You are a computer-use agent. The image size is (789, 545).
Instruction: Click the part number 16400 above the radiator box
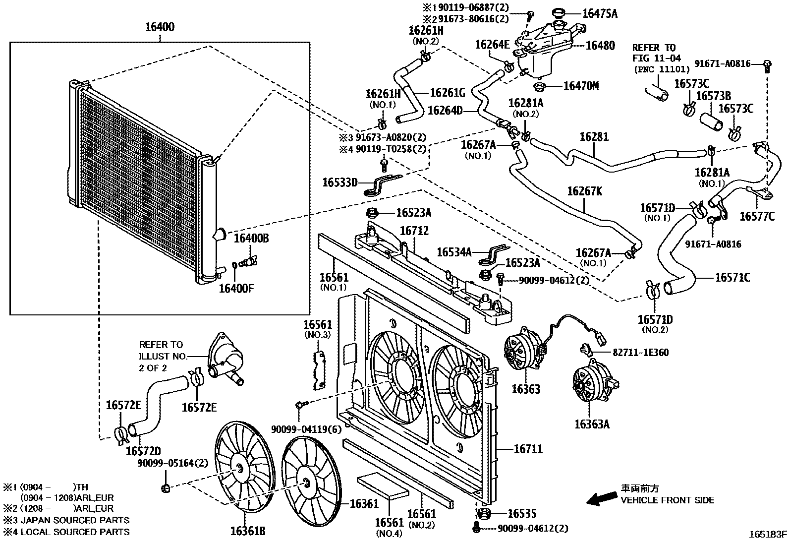(x=160, y=27)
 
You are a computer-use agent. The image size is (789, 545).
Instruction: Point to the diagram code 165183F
(x=767, y=534)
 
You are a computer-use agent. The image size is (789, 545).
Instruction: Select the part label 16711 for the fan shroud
(x=528, y=449)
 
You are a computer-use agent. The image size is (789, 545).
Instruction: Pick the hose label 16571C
(x=732, y=277)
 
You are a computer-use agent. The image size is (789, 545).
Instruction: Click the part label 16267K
(x=584, y=191)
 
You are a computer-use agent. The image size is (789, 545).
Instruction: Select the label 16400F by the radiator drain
(x=236, y=288)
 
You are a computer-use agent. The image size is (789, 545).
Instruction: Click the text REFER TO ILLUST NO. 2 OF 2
(x=161, y=356)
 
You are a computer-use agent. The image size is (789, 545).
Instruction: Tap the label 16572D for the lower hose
(x=143, y=451)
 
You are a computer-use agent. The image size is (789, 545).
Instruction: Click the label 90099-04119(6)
(x=306, y=429)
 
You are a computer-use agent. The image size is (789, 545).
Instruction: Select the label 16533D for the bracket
(x=339, y=182)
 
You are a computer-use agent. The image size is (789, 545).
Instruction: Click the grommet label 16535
(x=522, y=514)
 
